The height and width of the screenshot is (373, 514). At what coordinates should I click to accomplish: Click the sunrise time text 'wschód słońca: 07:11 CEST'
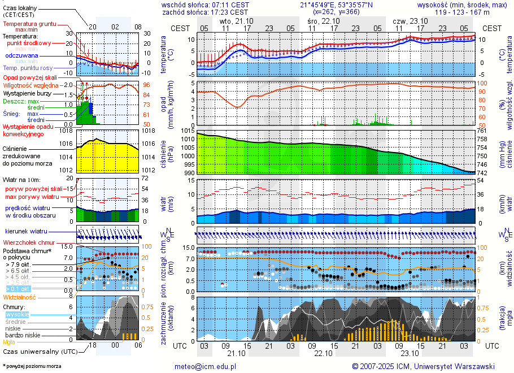[x=205, y=5]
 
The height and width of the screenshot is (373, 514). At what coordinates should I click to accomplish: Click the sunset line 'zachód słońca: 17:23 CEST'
[x=205, y=12]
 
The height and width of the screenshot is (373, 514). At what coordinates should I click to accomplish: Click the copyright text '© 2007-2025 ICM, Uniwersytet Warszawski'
[x=423, y=366]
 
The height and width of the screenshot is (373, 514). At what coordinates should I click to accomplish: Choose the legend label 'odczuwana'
[x=21, y=56]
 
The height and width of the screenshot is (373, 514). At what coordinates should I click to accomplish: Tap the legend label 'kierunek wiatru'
[x=26, y=232]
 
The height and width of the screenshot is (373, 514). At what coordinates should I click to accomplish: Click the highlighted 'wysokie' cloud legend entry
[x=16, y=314]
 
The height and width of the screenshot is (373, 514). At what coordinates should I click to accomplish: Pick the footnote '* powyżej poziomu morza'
[x=32, y=366]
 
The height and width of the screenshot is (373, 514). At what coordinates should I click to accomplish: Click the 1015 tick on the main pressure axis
[x=188, y=131]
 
